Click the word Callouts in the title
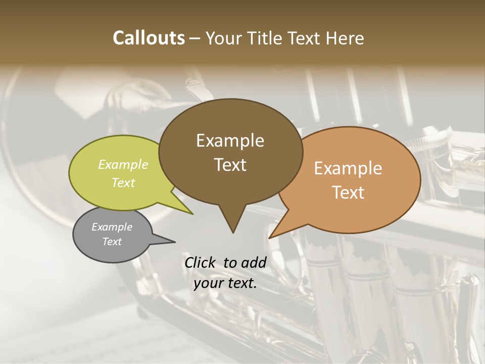coord(149,38)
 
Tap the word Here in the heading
coord(345,38)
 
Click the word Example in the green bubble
coord(123,165)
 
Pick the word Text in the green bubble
coord(123,183)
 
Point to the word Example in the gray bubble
coord(112,227)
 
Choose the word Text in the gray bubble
coord(112,242)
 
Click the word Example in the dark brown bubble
coord(230,141)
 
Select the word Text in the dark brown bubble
coord(230,165)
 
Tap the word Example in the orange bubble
coord(348,168)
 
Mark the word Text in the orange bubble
coord(348,193)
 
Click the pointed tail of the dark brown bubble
coord(233,230)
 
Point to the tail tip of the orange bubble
coord(271,237)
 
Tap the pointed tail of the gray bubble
coord(172,241)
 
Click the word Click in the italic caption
coord(201,262)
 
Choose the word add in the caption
coord(254,262)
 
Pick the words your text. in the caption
coord(225,283)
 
